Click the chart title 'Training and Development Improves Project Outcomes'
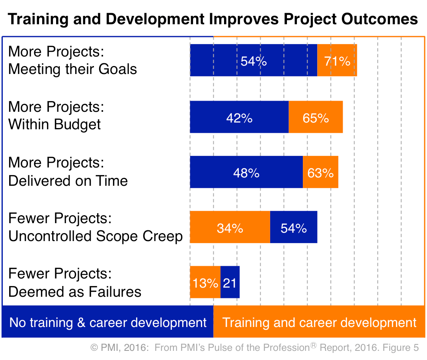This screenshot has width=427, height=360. [x=213, y=19]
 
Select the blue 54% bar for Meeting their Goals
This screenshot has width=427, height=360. [x=253, y=60]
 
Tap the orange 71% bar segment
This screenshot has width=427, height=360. [x=337, y=60]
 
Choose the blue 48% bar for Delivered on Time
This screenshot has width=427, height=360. [x=246, y=172]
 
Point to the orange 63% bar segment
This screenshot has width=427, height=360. [x=320, y=172]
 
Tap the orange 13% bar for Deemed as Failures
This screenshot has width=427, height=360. [x=205, y=282]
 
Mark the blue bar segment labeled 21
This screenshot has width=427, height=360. [x=230, y=282]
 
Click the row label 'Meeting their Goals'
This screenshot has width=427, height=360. [x=72, y=69]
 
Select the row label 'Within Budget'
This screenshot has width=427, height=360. [x=55, y=125]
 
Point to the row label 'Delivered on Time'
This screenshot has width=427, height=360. [x=68, y=181]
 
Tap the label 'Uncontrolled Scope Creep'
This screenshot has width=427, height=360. [x=96, y=236]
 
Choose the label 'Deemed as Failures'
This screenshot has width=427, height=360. [x=75, y=292]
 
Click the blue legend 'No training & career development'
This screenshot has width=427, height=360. [x=108, y=322]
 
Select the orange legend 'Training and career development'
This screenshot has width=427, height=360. [x=319, y=322]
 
